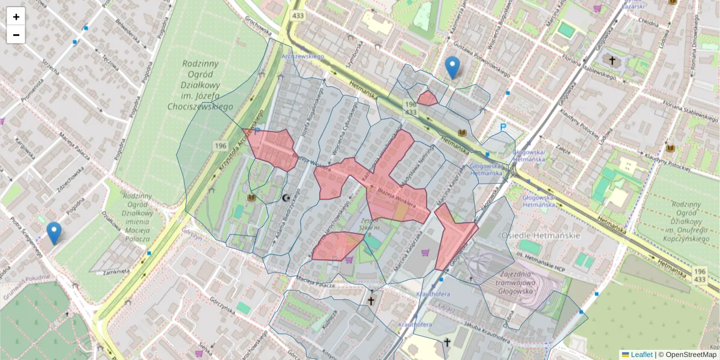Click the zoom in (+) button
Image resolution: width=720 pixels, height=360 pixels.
[x=16, y=17]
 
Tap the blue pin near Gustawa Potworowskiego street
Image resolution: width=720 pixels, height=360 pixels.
[x=452, y=67]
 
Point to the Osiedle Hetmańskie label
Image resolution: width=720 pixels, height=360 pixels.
[x=539, y=235]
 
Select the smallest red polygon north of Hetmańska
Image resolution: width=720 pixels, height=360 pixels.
[x=428, y=98]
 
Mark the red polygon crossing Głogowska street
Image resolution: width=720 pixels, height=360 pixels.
[x=453, y=236]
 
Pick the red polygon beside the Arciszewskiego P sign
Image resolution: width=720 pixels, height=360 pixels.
[x=271, y=148]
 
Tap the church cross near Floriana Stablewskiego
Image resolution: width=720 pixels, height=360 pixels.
[x=612, y=61]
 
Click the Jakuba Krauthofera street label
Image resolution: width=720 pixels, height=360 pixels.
[x=480, y=333]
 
